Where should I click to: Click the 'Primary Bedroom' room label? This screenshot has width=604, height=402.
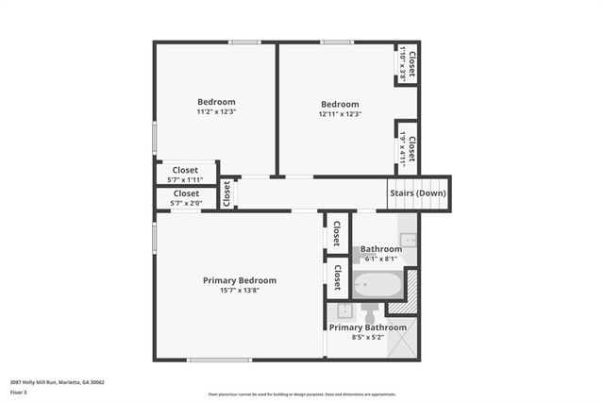coord(240,280)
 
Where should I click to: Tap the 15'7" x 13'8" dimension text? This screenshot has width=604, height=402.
coord(240,291)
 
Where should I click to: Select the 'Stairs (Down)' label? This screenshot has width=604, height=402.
coord(418,194)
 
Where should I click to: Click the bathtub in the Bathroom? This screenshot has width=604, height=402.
coord(377,284)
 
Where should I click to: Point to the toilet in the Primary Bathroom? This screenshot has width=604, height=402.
coord(369,310)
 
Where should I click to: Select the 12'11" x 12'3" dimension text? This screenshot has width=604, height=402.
coord(340,114)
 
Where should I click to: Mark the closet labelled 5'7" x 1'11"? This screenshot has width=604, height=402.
coord(185,174)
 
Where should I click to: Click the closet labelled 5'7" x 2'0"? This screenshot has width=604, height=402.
coord(185,197)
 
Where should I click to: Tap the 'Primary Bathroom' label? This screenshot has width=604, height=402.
coord(368,327)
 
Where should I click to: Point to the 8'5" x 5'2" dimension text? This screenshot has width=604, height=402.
coord(368,337)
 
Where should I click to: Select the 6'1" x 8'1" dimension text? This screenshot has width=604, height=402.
coord(381,259)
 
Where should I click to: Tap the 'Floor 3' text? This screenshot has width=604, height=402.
coord(19,392)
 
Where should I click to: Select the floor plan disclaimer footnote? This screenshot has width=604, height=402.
coord(301,394)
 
